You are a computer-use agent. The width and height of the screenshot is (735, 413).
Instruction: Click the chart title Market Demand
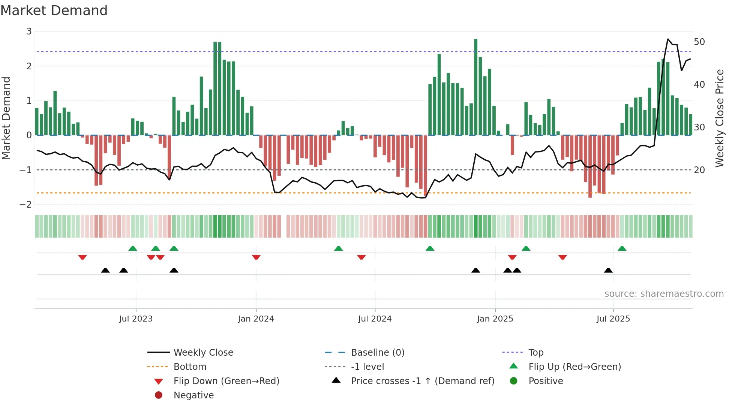click(54, 10)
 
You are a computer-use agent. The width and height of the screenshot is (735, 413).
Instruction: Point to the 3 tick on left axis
click(29, 31)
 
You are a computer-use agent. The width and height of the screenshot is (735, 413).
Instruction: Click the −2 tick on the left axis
click(25, 205)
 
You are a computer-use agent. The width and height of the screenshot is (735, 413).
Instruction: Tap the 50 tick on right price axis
click(699, 42)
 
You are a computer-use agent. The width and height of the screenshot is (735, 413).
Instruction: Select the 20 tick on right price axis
click(699, 170)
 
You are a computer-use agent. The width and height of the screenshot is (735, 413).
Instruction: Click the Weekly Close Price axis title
click(719, 118)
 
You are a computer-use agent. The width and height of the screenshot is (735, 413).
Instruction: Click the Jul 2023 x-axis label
click(136, 319)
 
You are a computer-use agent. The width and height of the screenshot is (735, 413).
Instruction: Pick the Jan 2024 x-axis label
click(256, 319)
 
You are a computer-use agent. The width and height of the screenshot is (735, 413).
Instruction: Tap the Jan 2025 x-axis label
click(495, 319)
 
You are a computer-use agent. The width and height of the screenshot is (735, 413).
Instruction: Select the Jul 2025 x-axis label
click(613, 319)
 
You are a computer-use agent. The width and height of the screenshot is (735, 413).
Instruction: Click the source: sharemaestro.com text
click(664, 294)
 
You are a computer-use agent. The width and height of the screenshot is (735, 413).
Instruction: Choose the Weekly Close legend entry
click(203, 353)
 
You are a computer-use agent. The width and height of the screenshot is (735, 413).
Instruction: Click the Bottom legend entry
click(190, 367)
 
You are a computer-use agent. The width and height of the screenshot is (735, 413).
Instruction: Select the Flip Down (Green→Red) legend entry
click(226, 381)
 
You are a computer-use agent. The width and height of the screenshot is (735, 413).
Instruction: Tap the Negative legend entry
click(193, 395)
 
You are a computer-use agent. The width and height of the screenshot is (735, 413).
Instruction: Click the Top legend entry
click(536, 353)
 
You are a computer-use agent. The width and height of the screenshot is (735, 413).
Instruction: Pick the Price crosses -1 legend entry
click(422, 381)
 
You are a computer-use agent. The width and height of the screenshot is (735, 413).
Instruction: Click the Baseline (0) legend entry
click(377, 353)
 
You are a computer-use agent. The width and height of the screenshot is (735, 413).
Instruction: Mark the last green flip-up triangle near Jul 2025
click(622, 248)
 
